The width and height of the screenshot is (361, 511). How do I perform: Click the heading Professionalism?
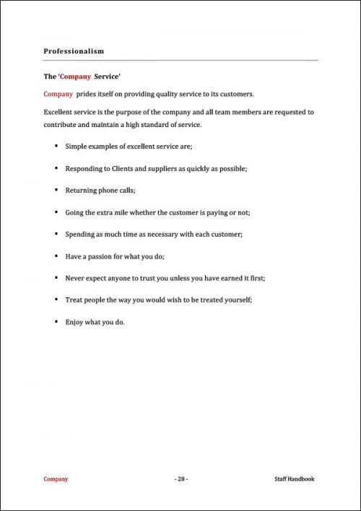[74, 51]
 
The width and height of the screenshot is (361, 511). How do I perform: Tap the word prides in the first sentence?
[87, 94]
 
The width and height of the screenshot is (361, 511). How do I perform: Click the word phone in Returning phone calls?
[110, 191]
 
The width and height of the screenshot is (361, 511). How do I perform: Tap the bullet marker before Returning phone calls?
[56, 191]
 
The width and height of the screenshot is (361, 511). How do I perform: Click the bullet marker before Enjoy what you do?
[56, 322]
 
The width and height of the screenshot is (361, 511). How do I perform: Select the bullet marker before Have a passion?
[56, 256]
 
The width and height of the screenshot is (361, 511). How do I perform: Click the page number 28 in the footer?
[180, 479]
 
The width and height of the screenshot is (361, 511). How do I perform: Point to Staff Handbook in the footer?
[295, 479]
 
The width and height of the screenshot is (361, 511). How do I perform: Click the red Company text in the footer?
[56, 479]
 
